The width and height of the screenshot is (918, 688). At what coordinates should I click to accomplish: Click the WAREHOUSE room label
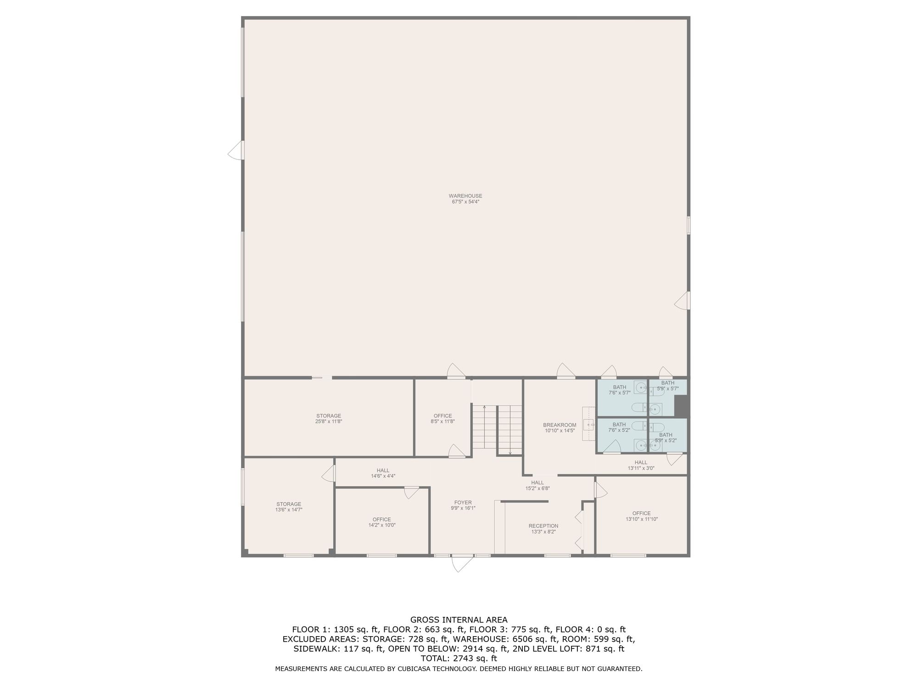click(x=465, y=196)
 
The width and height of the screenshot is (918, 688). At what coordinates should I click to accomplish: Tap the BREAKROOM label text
click(x=560, y=425)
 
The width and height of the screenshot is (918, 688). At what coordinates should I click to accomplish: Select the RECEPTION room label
click(x=543, y=526)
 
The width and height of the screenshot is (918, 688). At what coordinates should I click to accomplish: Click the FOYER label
click(x=463, y=503)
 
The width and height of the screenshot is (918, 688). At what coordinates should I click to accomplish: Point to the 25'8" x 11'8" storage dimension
click(x=329, y=422)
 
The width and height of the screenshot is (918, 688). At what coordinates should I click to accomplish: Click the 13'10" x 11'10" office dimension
click(x=642, y=519)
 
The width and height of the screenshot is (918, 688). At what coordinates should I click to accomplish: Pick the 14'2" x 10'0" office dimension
click(x=382, y=525)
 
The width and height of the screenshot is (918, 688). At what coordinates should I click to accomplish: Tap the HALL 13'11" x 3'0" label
click(x=641, y=465)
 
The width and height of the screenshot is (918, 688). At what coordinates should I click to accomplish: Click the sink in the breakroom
click(x=588, y=425)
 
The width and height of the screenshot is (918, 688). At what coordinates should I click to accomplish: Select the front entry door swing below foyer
click(x=462, y=564)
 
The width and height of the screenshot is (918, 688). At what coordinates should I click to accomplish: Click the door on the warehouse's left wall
click(x=236, y=150)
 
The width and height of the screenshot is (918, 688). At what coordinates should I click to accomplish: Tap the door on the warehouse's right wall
click(x=682, y=300)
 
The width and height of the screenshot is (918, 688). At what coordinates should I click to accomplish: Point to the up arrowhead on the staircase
click(x=484, y=407)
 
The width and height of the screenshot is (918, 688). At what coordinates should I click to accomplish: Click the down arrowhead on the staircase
click(x=510, y=453)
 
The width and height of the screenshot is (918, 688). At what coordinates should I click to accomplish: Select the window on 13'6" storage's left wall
click(x=243, y=487)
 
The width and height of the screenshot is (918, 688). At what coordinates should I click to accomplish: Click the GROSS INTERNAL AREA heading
click(x=459, y=620)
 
